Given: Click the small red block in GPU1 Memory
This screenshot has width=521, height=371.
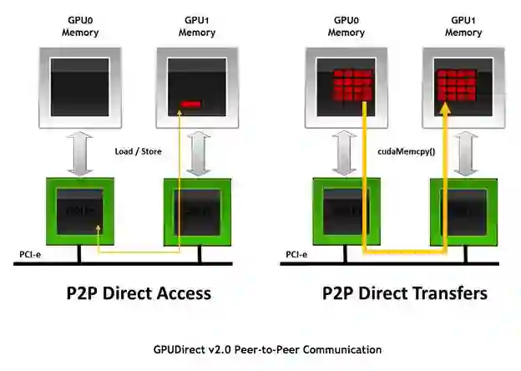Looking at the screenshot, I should point(191,104).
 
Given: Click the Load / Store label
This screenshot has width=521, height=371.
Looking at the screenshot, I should point(138,151).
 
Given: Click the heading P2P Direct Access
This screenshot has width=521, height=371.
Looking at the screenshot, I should point(139,293).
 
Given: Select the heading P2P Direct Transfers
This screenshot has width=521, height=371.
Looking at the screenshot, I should point(405,293).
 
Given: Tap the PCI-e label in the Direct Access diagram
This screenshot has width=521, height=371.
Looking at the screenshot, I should point(32,254).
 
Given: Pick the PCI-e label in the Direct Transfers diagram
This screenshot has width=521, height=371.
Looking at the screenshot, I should point(296,254).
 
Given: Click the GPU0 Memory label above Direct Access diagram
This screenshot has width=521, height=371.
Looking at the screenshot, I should point(79,27).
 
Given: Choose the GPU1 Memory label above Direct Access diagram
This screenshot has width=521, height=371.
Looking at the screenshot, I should point(197,27).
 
